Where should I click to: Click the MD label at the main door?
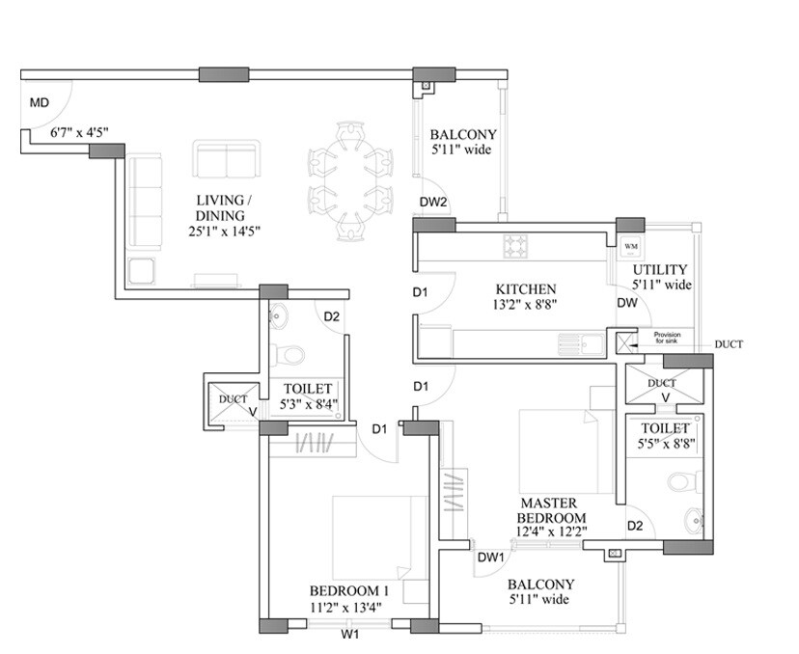39,102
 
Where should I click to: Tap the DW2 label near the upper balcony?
433,202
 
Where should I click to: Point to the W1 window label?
350,636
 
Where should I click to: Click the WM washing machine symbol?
631,248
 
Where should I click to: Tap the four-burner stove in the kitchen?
514,247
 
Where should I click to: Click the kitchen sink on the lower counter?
579,341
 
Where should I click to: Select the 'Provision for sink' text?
667,338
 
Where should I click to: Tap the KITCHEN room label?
525,289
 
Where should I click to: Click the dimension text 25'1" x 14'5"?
226,232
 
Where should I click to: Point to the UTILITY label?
661,269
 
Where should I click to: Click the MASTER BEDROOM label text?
549,510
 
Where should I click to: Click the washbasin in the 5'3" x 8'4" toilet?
278,315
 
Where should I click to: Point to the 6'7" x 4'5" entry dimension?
80,134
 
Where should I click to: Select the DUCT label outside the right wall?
730,344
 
